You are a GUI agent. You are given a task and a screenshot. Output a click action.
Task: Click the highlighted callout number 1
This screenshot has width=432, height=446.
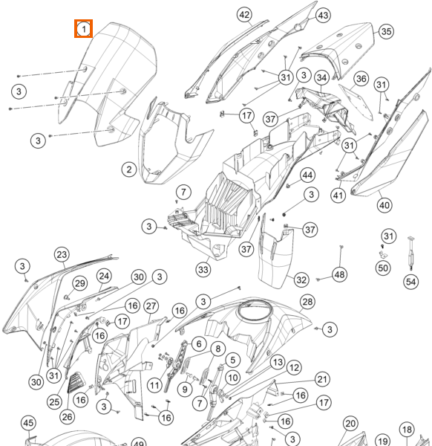pyautogui.click(x=83, y=29)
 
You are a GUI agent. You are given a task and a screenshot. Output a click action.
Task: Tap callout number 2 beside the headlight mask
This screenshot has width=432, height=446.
pyautogui.click(x=129, y=169)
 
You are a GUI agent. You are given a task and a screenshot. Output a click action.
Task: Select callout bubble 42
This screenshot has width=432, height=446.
pyautogui.click(x=244, y=15)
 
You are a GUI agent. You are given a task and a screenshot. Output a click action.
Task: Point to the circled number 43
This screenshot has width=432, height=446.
pyautogui.click(x=323, y=15)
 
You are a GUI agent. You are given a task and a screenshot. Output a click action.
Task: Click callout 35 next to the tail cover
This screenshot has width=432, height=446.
pyautogui.click(x=386, y=31)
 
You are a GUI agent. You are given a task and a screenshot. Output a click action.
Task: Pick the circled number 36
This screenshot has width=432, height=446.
pyautogui.click(x=361, y=79)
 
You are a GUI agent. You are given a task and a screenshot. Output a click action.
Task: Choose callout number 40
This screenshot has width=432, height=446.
pyautogui.click(x=384, y=205)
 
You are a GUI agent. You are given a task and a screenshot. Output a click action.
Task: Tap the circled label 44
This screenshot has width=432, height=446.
pyautogui.click(x=307, y=175)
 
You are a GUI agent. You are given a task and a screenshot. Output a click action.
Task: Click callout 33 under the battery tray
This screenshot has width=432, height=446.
pyautogui.click(x=203, y=269)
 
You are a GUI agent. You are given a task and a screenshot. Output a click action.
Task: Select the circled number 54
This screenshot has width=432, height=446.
pyautogui.click(x=411, y=282)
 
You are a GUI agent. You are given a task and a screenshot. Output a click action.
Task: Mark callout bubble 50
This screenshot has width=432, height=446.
pyautogui.click(x=383, y=268)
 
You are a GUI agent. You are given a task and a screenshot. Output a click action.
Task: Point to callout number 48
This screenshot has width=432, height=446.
pyautogui.click(x=340, y=274)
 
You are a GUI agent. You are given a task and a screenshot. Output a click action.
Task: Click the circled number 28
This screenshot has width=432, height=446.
pyautogui.click(x=307, y=302)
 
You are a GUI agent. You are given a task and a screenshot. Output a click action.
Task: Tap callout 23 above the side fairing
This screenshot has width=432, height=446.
pyautogui.click(x=62, y=254)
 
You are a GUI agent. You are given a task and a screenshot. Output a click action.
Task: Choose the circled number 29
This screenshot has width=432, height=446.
pyautogui.click(x=80, y=283)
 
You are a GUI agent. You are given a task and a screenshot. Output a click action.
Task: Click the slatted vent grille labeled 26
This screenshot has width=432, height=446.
pyautogui.click(x=76, y=383)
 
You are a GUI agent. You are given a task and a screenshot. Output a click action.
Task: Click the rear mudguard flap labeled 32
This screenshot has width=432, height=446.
pyautogui.click(x=275, y=253)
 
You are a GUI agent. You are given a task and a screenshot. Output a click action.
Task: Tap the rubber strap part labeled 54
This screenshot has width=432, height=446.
pyautogui.click(x=410, y=253)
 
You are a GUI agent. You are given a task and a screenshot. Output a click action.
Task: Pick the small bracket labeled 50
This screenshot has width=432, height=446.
pyautogui.click(x=384, y=253)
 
